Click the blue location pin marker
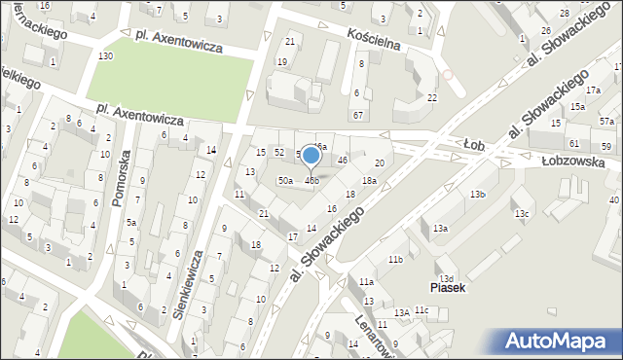pos(311,156)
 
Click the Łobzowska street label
pos(568,162)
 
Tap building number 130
pos(105,56)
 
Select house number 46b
pos(312,181)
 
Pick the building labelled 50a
pos(285,181)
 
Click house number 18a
pos(370,181)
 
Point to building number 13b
pos(477,195)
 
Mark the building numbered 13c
pos(522,214)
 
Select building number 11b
pos(395,260)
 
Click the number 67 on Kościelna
pos(358,116)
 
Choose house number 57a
pos(606,122)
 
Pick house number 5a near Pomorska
pos(130,222)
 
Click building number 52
pos(279,153)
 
